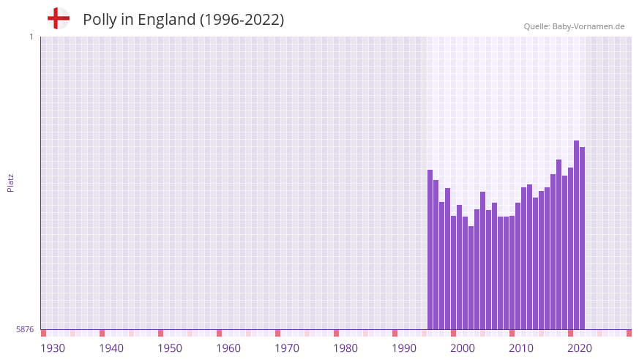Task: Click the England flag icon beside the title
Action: pos(59,19)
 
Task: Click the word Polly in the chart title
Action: pos(100,20)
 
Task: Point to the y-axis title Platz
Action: pos(10,183)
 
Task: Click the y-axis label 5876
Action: pos(24,330)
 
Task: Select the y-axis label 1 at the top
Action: pos(31,37)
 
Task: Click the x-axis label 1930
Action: pos(53,348)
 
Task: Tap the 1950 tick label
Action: pos(170,348)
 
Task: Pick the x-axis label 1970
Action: pos(287,348)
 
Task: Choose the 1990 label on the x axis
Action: pos(404,348)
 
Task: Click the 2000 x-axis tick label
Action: pos(463,348)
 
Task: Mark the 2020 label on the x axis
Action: pos(580,348)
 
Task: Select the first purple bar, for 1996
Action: pos(430,250)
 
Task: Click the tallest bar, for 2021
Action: pos(577,235)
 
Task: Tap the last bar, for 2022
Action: pos(583,239)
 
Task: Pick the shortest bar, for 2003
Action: pos(471,278)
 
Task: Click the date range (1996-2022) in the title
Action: pos(242,20)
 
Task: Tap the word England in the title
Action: pos(163,20)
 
